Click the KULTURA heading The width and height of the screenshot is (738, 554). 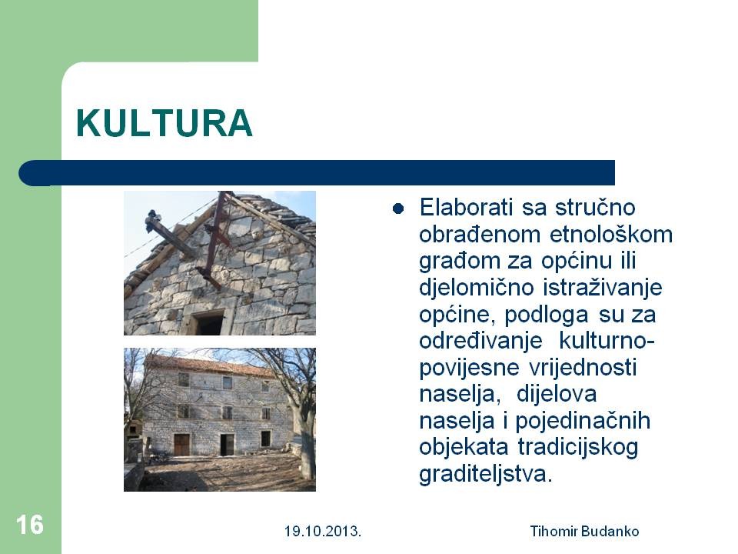165,123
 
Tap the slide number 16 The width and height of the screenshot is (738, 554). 29,524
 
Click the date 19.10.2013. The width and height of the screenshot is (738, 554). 323,532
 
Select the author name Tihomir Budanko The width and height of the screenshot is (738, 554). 584,532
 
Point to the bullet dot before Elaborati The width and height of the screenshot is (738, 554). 398,209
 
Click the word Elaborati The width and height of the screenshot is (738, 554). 466,207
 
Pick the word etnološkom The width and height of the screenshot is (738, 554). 611,234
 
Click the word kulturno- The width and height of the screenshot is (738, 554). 607,341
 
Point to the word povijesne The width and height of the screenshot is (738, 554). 469,369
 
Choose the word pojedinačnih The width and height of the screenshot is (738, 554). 583,422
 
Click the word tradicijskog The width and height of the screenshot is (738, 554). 578,448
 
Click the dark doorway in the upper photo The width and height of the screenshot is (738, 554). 209,324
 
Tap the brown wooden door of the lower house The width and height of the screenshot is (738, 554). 181,445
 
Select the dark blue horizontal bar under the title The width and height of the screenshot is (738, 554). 317,173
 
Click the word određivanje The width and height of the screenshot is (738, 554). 480,342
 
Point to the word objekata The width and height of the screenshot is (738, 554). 464,448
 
